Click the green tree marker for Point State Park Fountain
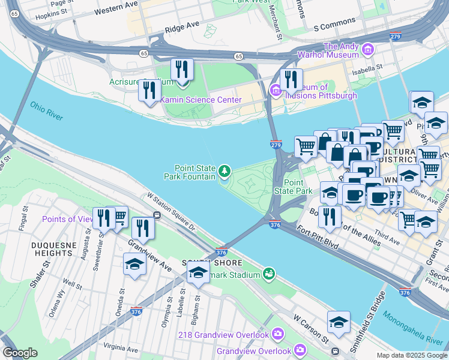pos(224,172)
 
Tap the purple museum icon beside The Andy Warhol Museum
pos(369,49)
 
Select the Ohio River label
pos(46,111)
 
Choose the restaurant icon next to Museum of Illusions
pos(291,79)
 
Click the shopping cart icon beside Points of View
pos(119,217)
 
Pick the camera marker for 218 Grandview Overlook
pos(278,334)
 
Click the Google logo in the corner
pos(20,352)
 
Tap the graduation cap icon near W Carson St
pos(339,323)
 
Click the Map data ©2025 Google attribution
pos(412,355)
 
